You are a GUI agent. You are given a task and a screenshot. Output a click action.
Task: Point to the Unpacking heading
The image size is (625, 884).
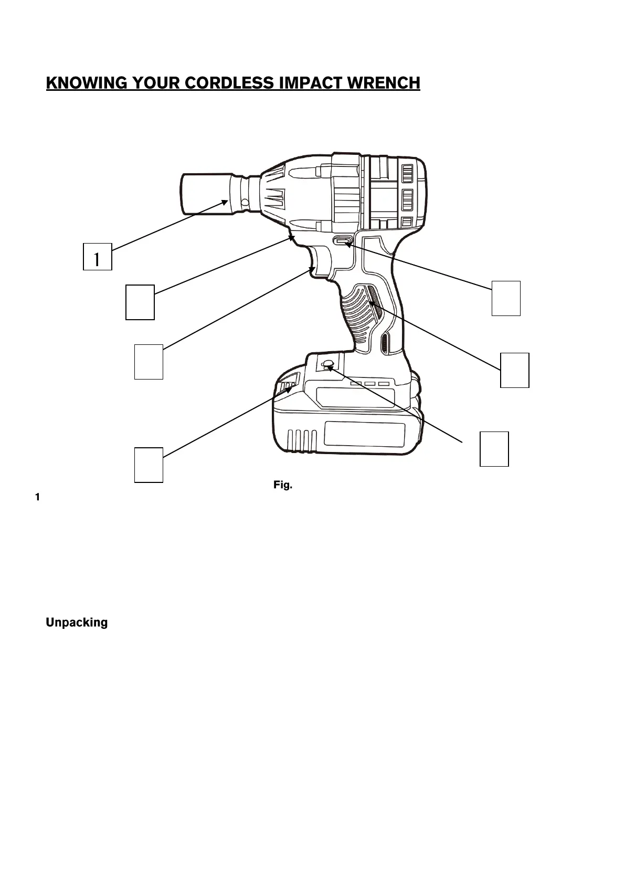coord(77,623)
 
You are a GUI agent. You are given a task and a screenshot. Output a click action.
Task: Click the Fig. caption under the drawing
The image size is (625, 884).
coord(282,485)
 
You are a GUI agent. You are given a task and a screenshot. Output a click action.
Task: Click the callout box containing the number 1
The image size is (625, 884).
coord(97,257)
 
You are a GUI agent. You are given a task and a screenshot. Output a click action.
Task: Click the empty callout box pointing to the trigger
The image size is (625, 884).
coord(149,361)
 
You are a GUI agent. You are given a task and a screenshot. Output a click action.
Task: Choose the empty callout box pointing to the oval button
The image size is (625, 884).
coord(505,298)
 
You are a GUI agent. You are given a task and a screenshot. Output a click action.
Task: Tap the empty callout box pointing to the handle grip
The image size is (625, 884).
coord(514,370)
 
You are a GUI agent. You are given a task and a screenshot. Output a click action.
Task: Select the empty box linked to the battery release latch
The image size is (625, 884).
coord(149,465)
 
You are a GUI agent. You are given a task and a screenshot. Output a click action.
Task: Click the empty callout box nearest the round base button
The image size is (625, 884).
coord(494,449)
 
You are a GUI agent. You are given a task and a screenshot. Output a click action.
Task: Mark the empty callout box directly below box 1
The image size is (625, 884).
coord(140,302)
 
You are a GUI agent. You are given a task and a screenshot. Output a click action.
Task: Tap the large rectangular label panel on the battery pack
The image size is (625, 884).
coord(364,434)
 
